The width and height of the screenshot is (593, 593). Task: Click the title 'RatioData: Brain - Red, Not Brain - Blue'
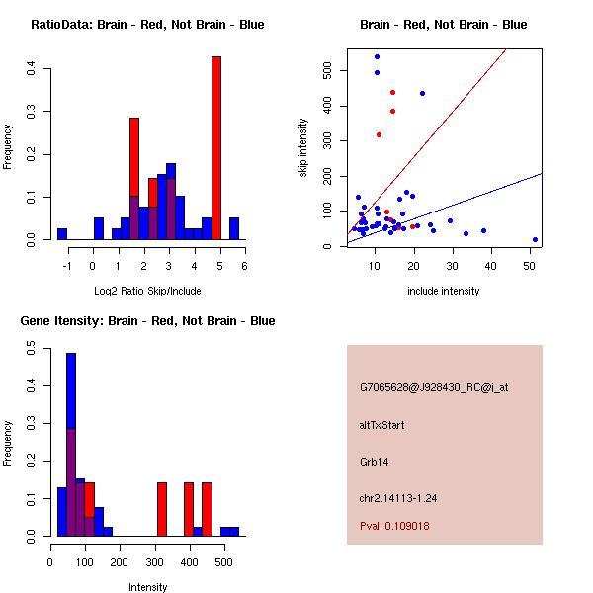[147, 25]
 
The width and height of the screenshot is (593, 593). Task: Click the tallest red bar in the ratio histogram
[215, 148]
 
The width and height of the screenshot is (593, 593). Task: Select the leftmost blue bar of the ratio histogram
[62, 234]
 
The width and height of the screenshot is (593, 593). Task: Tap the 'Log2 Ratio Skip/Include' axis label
[147, 291]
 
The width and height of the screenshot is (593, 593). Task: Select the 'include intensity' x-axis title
[444, 291]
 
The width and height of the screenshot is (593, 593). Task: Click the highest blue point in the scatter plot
[377, 57]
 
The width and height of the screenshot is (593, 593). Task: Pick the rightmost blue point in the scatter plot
[535, 239]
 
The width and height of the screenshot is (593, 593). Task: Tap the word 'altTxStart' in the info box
[382, 425]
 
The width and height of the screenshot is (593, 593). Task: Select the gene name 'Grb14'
[374, 462]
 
